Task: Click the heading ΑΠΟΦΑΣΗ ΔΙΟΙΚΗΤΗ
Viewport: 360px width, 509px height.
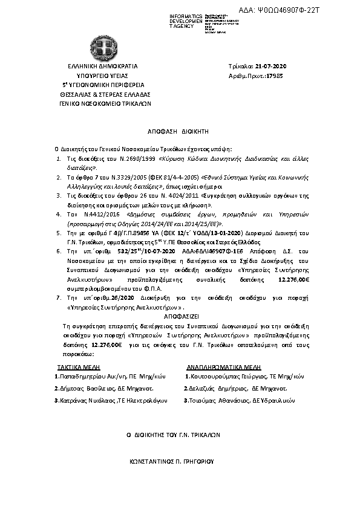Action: pos(178,131)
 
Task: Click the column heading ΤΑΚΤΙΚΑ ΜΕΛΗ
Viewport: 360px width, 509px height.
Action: pos(79,366)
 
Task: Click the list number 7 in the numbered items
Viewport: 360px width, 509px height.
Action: pos(57,298)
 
